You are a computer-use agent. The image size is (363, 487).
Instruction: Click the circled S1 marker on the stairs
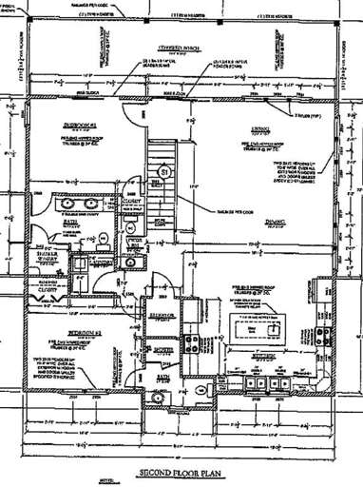(163, 171)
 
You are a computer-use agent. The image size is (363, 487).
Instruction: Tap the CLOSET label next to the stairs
(131, 202)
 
